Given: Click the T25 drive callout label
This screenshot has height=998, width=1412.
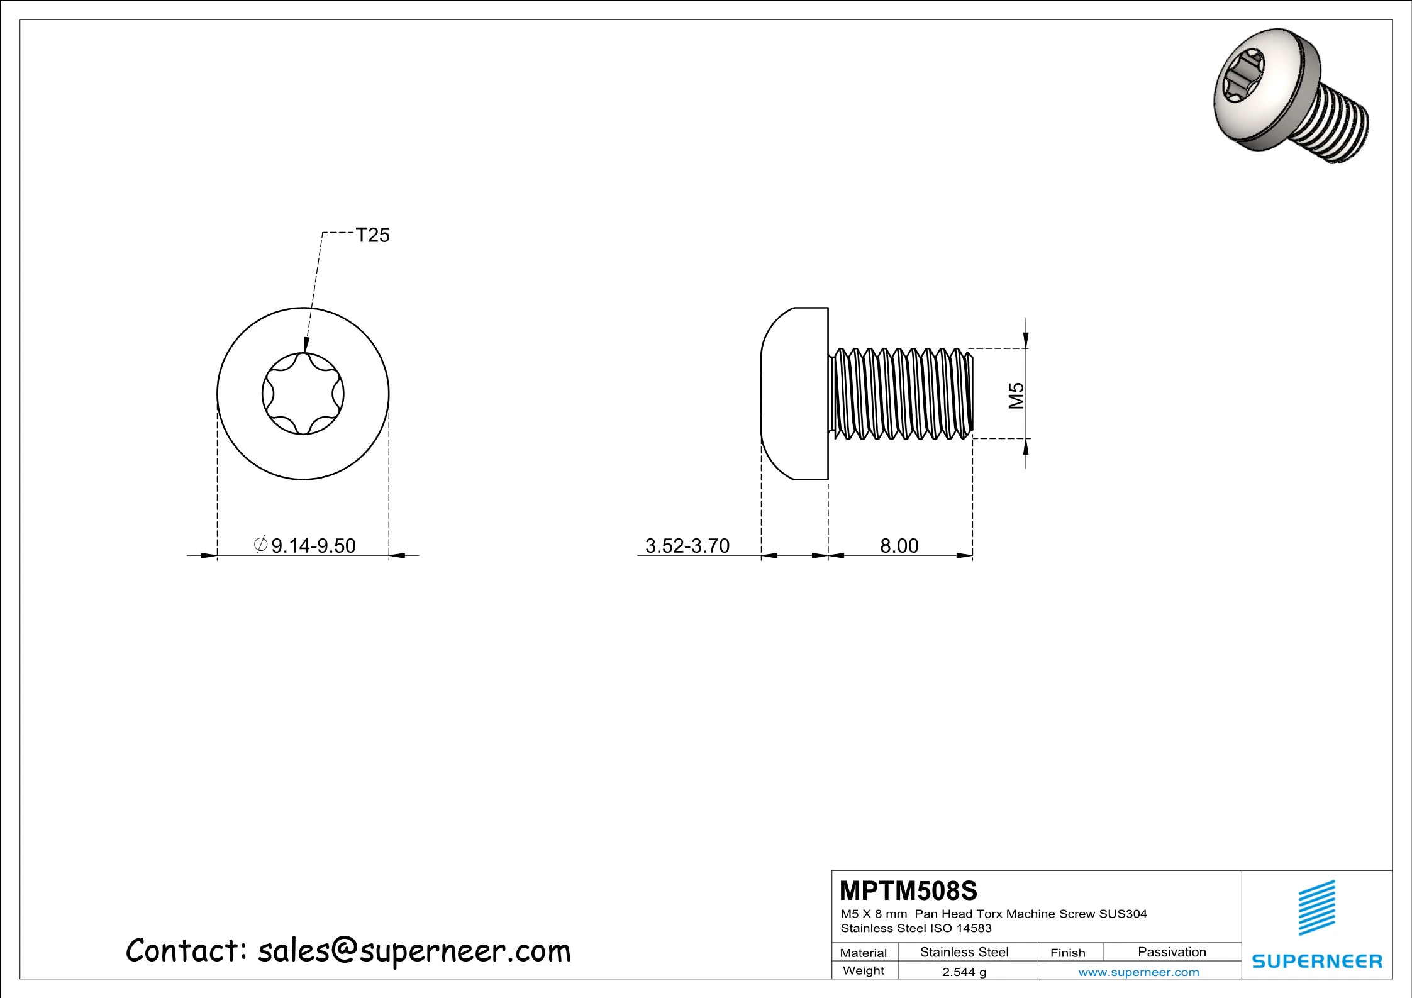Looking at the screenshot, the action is click(x=373, y=235).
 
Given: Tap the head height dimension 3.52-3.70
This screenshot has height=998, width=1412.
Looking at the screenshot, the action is click(x=687, y=545).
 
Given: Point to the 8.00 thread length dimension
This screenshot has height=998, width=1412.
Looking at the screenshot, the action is click(x=899, y=545).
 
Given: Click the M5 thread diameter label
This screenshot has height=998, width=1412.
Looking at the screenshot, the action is click(x=1016, y=396).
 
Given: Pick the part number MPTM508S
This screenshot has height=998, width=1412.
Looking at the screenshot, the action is click(x=909, y=890).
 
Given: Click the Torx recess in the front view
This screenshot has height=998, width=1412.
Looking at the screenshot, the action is click(x=303, y=394).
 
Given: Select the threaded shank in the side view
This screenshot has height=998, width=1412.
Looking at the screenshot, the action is click(x=901, y=394).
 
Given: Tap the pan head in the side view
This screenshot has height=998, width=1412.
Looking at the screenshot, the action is click(x=794, y=394).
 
